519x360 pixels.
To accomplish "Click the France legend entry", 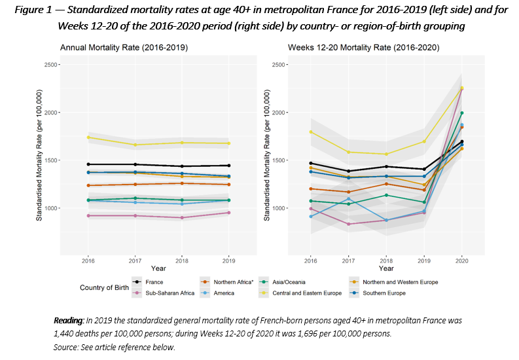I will click(x=152, y=282).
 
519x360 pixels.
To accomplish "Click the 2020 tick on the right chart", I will click(x=462, y=260).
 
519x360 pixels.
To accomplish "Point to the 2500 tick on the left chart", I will click(x=50, y=65).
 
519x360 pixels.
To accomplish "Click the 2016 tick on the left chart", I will click(x=88, y=260).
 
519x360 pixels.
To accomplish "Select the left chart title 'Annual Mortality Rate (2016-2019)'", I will click(x=124, y=48).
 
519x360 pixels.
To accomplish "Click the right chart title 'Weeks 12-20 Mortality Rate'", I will click(x=363, y=48).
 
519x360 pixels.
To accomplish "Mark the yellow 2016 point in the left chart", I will click(x=88, y=137).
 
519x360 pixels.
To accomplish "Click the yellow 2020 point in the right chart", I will click(x=462, y=88).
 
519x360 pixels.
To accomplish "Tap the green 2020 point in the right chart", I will click(x=462, y=113).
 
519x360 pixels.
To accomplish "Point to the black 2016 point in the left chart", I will click(x=88, y=164).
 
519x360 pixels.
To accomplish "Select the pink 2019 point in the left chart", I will click(x=228, y=213).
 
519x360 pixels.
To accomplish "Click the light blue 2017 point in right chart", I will click(x=349, y=199).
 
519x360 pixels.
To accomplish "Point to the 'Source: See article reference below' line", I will click(x=115, y=347).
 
